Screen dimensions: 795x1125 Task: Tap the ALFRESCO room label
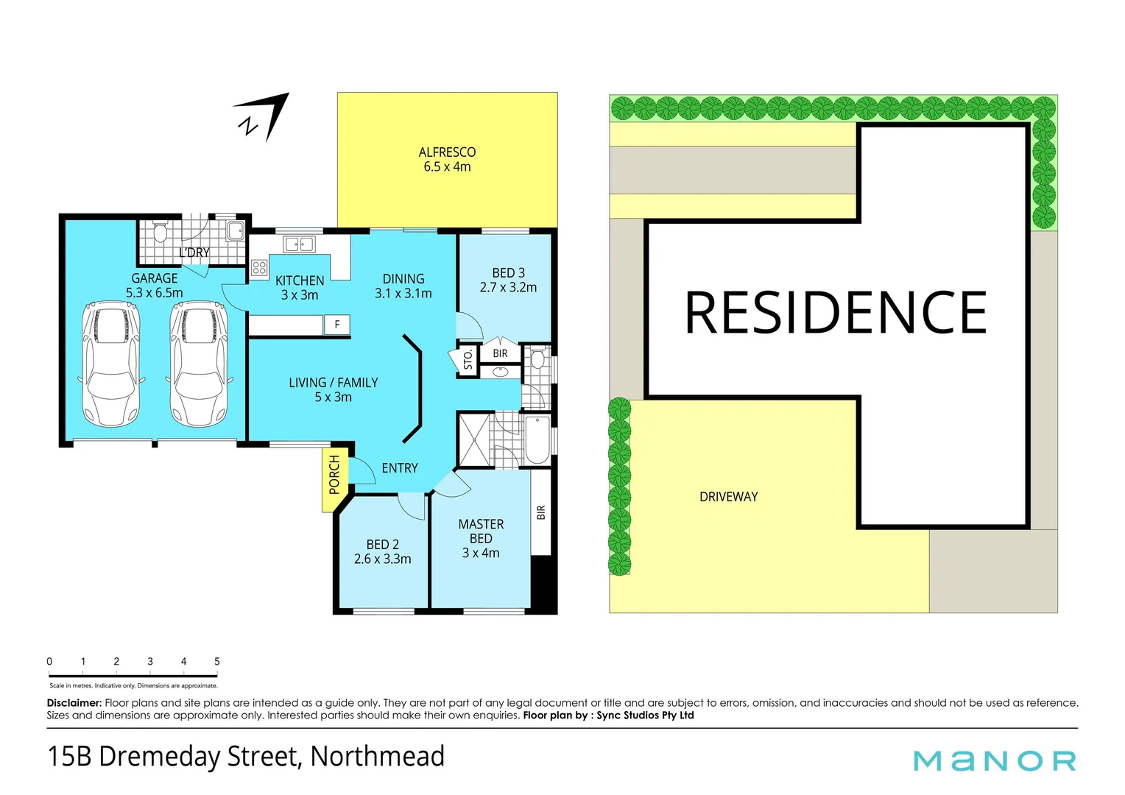coord(447,152)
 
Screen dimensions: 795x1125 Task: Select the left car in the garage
coord(111,364)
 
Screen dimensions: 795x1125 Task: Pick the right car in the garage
coord(198,364)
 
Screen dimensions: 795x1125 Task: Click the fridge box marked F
coord(337,325)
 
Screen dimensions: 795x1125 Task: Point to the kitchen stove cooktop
coord(259,268)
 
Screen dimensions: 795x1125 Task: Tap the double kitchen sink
coord(299,244)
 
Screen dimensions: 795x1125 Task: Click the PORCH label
coord(334,475)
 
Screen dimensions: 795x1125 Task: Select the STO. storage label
coord(468,360)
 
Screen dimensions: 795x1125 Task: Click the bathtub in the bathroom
coord(537,440)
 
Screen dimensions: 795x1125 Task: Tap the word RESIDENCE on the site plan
coord(836,313)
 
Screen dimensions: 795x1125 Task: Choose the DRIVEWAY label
coord(728,497)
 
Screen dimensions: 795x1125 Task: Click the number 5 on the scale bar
coord(217,661)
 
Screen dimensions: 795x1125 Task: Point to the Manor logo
coord(994,760)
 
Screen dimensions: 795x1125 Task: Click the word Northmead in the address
coord(378,757)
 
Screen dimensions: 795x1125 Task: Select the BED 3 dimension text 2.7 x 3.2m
coord(508,288)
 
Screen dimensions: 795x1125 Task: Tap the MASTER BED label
coord(481,531)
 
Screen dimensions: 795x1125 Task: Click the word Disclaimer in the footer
coord(74,703)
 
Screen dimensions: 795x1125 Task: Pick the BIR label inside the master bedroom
coord(541,512)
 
